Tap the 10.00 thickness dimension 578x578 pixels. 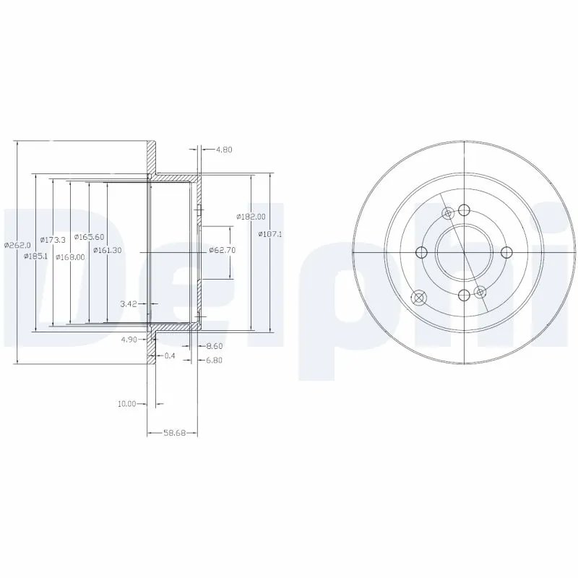pyautogui.click(x=127, y=404)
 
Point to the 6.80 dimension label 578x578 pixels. pyautogui.click(x=215, y=361)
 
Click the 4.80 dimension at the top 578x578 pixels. pyautogui.click(x=223, y=150)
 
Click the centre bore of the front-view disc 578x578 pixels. pyautogui.click(x=462, y=251)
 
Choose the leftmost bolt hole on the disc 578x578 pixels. pyautogui.click(x=419, y=251)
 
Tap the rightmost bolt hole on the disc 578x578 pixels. pyautogui.click(x=506, y=251)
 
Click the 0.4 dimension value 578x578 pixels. pyautogui.click(x=170, y=355)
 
